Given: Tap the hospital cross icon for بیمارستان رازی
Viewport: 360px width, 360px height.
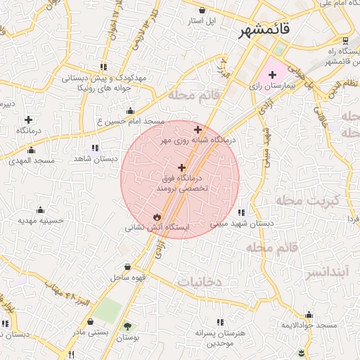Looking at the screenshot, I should (x=272, y=75).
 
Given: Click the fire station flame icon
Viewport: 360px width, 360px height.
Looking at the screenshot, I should (x=157, y=217).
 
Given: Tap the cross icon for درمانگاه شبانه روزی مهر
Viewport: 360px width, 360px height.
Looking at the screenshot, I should (x=198, y=129).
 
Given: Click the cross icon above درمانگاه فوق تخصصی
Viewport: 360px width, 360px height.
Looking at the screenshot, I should (x=182, y=167).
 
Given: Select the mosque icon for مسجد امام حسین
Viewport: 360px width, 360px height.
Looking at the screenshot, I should (x=130, y=110).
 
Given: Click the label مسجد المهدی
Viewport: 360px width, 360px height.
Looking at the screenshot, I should (x=32, y=161).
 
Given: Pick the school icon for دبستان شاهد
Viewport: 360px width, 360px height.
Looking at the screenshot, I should (x=95, y=148).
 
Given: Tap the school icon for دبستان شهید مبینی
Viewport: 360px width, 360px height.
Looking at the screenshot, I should (x=241, y=212).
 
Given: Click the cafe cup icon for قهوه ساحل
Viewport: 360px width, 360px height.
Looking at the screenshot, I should (x=127, y=267).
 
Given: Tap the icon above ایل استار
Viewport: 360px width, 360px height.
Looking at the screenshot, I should (x=202, y=11).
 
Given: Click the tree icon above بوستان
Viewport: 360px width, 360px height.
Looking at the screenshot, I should (x=127, y=326).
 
